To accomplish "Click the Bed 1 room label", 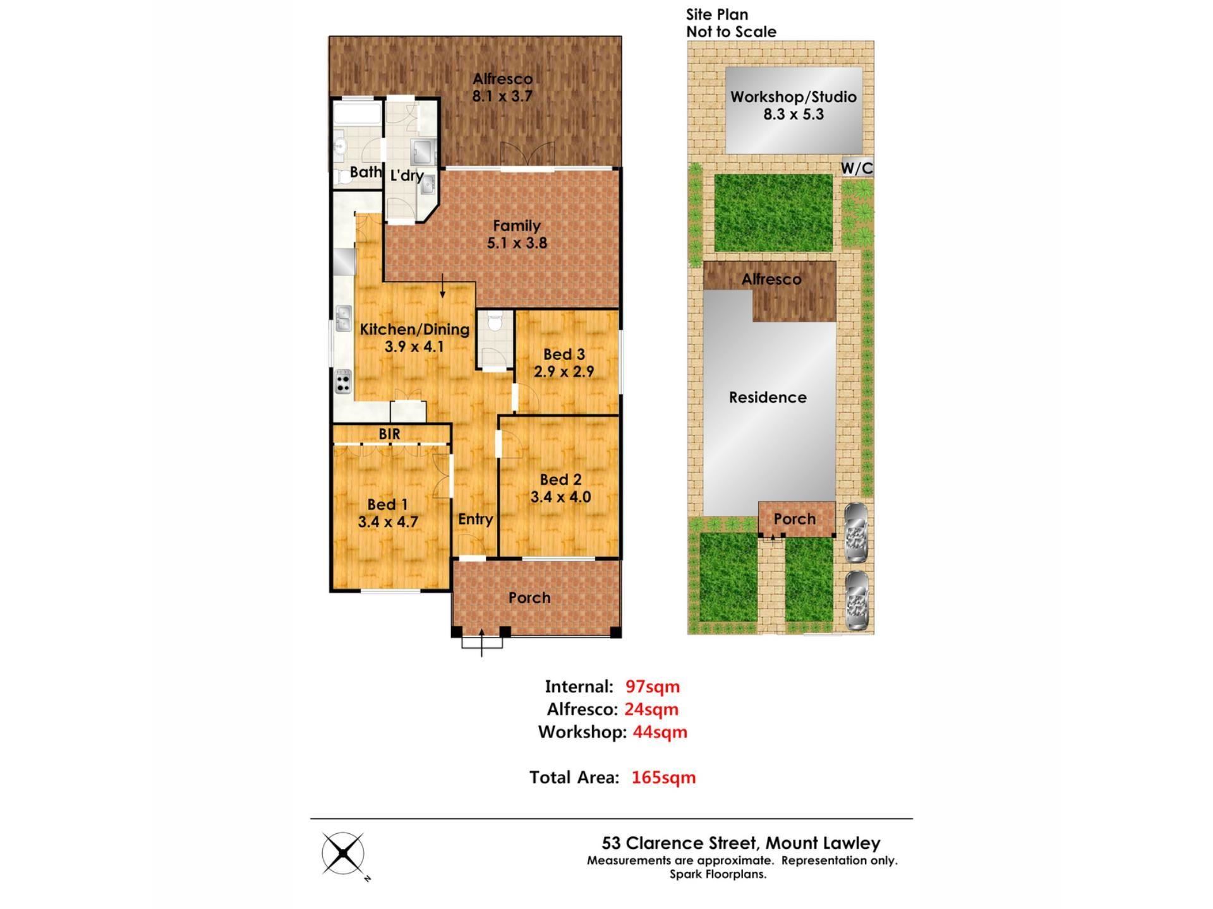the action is (387, 504).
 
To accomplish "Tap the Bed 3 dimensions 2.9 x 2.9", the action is (564, 371).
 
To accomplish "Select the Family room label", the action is (517, 225).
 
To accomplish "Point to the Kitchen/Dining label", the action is (414, 329).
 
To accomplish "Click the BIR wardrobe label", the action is (389, 434).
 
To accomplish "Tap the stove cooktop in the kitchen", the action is (342, 381).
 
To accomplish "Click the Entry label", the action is (475, 519).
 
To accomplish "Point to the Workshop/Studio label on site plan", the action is (794, 97).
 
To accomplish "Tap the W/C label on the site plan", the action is (857, 168).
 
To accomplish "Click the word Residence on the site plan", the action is (768, 397).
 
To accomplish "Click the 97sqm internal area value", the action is (653, 686).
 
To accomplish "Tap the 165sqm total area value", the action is (663, 777).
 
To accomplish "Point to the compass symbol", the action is (343, 853).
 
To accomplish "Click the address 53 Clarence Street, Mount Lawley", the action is (741, 843).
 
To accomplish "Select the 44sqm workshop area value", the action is (660, 732).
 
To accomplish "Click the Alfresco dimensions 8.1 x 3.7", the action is (502, 96).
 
